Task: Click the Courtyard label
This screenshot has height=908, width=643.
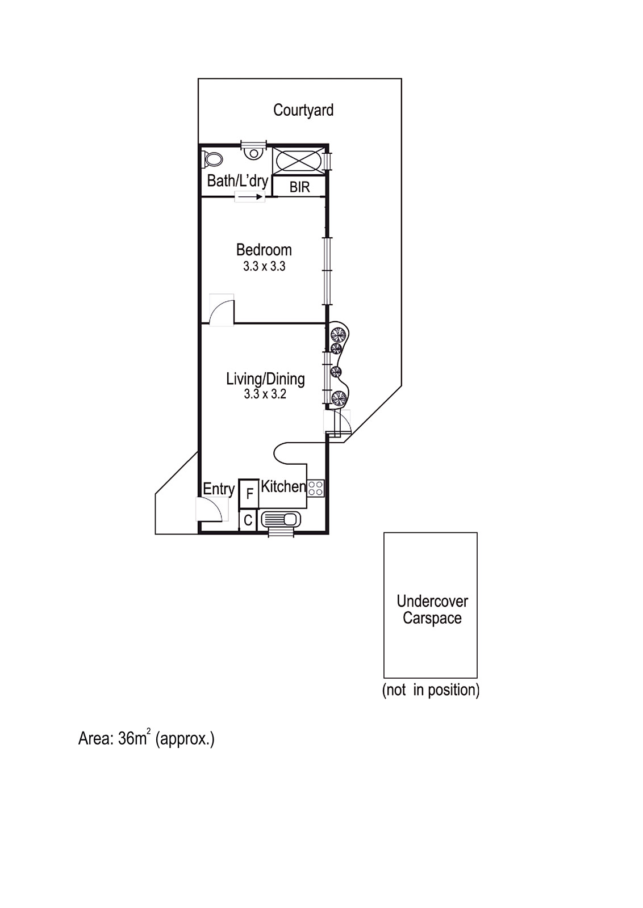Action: (303, 110)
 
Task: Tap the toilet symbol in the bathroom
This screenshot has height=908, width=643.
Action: (213, 159)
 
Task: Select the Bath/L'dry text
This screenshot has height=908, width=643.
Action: (237, 181)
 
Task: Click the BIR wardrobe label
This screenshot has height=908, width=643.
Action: (299, 187)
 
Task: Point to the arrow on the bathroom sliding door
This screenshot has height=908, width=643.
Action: (250, 197)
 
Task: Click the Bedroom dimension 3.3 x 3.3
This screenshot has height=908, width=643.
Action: (264, 266)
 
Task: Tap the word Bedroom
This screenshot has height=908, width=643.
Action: (264, 250)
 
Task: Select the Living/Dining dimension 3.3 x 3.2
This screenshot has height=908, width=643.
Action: (265, 394)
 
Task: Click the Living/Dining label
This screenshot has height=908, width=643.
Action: (265, 379)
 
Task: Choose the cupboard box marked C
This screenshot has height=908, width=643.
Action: (248, 520)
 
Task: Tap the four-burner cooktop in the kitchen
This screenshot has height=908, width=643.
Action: (315, 488)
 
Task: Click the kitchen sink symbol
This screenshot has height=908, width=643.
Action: (281, 519)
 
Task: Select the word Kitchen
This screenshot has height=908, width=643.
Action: (283, 486)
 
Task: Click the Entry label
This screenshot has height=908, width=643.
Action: (219, 489)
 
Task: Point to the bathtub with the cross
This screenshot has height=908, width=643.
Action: (297, 161)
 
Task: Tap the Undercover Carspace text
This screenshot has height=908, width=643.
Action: (432, 609)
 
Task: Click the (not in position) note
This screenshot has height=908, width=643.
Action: (431, 690)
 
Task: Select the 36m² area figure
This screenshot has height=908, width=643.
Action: (134, 738)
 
